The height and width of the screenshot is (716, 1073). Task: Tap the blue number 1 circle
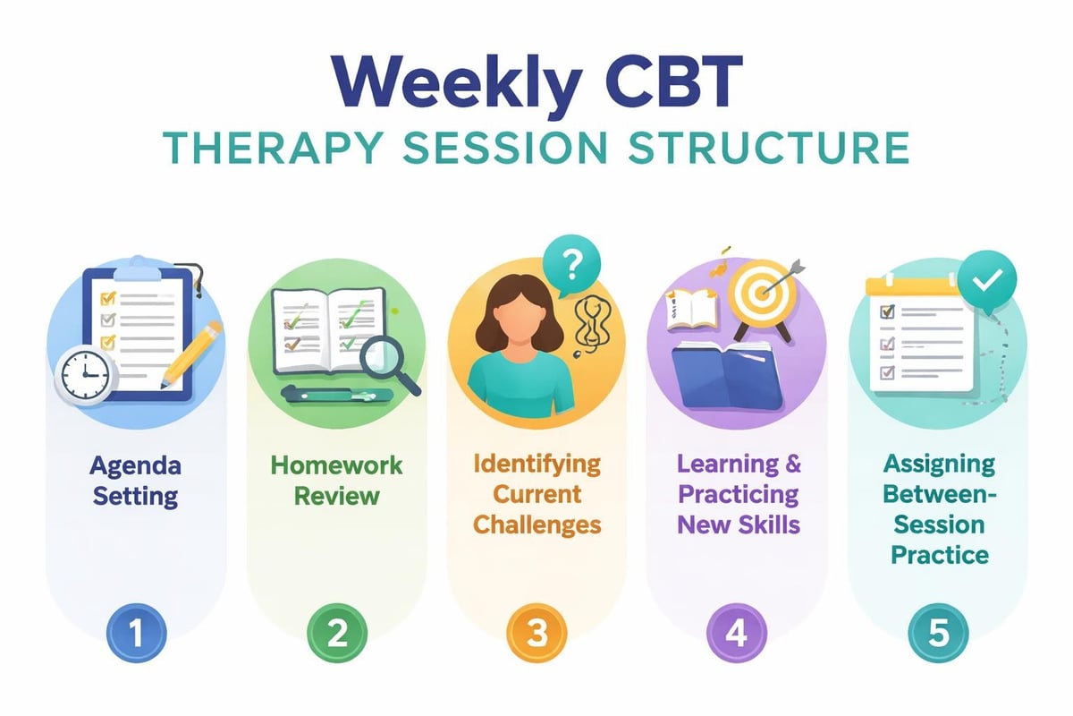click(x=135, y=634)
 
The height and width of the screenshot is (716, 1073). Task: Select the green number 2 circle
click(x=336, y=634)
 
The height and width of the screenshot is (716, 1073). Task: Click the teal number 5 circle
click(x=936, y=634)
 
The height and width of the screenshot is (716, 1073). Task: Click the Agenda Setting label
click(x=135, y=481)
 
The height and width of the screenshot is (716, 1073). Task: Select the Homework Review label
click(x=336, y=481)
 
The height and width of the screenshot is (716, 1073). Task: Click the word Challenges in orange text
click(x=536, y=524)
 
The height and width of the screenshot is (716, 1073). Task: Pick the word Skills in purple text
click(x=770, y=524)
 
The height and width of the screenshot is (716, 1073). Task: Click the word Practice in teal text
click(x=939, y=554)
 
